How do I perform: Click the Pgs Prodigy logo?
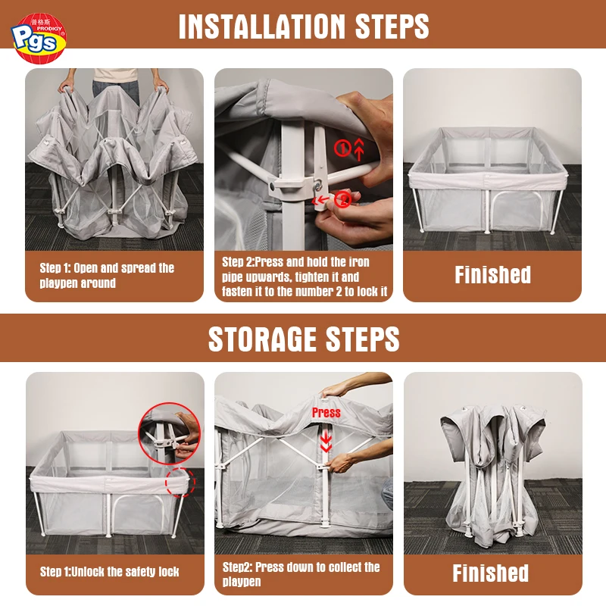(x=39, y=38)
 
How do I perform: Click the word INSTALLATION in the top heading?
(x=262, y=27)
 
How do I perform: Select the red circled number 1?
(x=342, y=148)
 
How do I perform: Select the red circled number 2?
(x=343, y=200)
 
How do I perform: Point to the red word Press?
(x=326, y=412)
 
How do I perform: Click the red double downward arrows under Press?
(x=326, y=441)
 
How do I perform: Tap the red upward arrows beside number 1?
(x=359, y=148)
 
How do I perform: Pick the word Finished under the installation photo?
(x=493, y=275)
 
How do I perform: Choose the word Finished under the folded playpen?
(x=490, y=573)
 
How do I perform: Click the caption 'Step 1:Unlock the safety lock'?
(x=109, y=572)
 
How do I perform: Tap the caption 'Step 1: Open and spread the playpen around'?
(x=107, y=275)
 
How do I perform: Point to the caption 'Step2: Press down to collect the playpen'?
(x=301, y=574)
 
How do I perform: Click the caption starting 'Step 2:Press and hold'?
(x=305, y=276)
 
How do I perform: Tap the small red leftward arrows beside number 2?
(x=320, y=200)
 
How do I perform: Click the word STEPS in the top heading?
(x=392, y=27)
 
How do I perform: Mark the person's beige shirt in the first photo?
(x=115, y=75)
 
